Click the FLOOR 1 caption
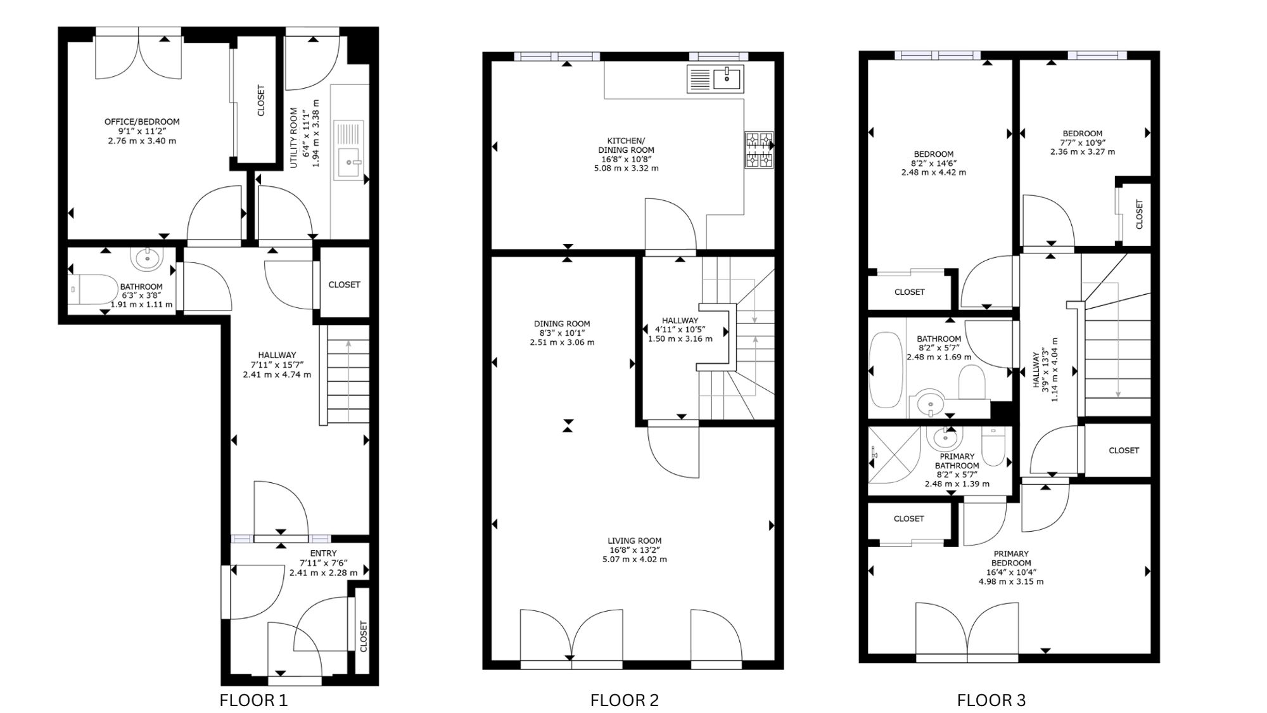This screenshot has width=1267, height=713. tap(253, 700)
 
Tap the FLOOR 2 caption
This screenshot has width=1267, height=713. tap(625, 700)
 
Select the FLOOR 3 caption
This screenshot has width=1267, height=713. tap(991, 700)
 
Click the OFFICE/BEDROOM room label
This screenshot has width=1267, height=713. tap(142, 122)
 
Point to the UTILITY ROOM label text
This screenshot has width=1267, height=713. tap(294, 138)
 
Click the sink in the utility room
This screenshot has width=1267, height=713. tap(350, 162)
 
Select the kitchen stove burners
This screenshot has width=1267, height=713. tap(760, 150)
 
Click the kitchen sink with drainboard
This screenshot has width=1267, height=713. tap(715, 79)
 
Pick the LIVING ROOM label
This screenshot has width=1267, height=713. tap(634, 541)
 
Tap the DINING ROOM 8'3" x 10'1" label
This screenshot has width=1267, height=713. tap(562, 333)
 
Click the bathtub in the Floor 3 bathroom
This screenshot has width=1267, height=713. tap(886, 371)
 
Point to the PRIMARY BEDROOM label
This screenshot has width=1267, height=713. tap(1011, 558)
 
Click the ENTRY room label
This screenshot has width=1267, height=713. tap(323, 553)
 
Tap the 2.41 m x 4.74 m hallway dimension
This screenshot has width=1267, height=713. tap(277, 375)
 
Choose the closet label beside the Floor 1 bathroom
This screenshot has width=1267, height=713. tap(344, 285)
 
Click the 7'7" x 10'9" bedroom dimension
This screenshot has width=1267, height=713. tap(1083, 143)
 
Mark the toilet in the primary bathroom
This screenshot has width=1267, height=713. tap(993, 446)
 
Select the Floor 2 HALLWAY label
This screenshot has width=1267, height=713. tap(680, 321)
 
